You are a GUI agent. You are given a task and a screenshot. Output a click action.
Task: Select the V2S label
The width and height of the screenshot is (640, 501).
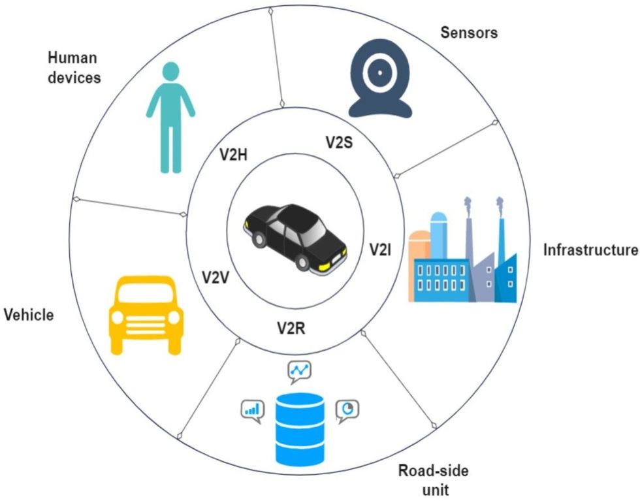pyautogui.click(x=339, y=142)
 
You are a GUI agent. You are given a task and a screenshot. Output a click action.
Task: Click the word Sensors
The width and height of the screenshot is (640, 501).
pyautogui.click(x=468, y=32)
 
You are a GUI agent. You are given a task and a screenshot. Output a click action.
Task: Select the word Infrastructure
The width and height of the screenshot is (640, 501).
pyautogui.click(x=590, y=250)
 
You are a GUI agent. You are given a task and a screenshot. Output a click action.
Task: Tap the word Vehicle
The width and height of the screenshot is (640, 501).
pyautogui.click(x=28, y=315)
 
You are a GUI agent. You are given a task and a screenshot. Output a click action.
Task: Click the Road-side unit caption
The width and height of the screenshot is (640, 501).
pyautogui.click(x=434, y=479)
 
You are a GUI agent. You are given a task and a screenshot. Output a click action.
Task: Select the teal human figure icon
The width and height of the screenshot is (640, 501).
pyautogui.click(x=170, y=118)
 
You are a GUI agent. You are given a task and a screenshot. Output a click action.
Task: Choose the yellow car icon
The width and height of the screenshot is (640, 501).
pyautogui.click(x=144, y=314)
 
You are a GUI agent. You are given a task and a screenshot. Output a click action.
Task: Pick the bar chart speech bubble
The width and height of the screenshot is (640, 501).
pyautogui.click(x=251, y=410)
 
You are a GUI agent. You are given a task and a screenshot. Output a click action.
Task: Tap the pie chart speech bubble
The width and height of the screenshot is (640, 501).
pyautogui.click(x=348, y=410)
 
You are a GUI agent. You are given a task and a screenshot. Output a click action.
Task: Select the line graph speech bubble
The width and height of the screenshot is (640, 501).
pyautogui.click(x=300, y=371)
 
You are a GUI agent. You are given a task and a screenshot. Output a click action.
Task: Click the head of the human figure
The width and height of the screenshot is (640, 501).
pyautogui.click(x=170, y=71)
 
